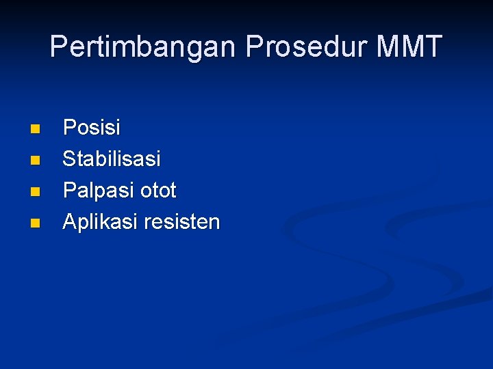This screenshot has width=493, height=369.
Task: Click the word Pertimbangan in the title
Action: tap(144, 47)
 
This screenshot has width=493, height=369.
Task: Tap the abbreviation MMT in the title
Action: tap(408, 47)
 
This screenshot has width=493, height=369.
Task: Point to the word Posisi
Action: tap(91, 128)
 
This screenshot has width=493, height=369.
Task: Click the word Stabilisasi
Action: tap(112, 159)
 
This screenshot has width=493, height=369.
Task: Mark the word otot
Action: tap(158, 191)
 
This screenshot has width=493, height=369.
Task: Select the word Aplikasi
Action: tap(99, 222)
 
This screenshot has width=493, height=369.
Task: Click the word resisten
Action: tap(181, 222)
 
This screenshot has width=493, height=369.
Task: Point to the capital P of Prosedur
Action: tap(254, 47)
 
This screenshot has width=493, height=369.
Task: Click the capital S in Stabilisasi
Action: tap(69, 159)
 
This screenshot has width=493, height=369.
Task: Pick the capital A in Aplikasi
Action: tap(69, 222)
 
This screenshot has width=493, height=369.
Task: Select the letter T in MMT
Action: tap(433, 47)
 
